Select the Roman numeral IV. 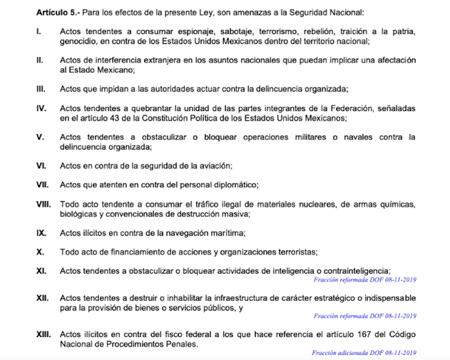tap(41, 108)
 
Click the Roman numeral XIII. tap(43, 334)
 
